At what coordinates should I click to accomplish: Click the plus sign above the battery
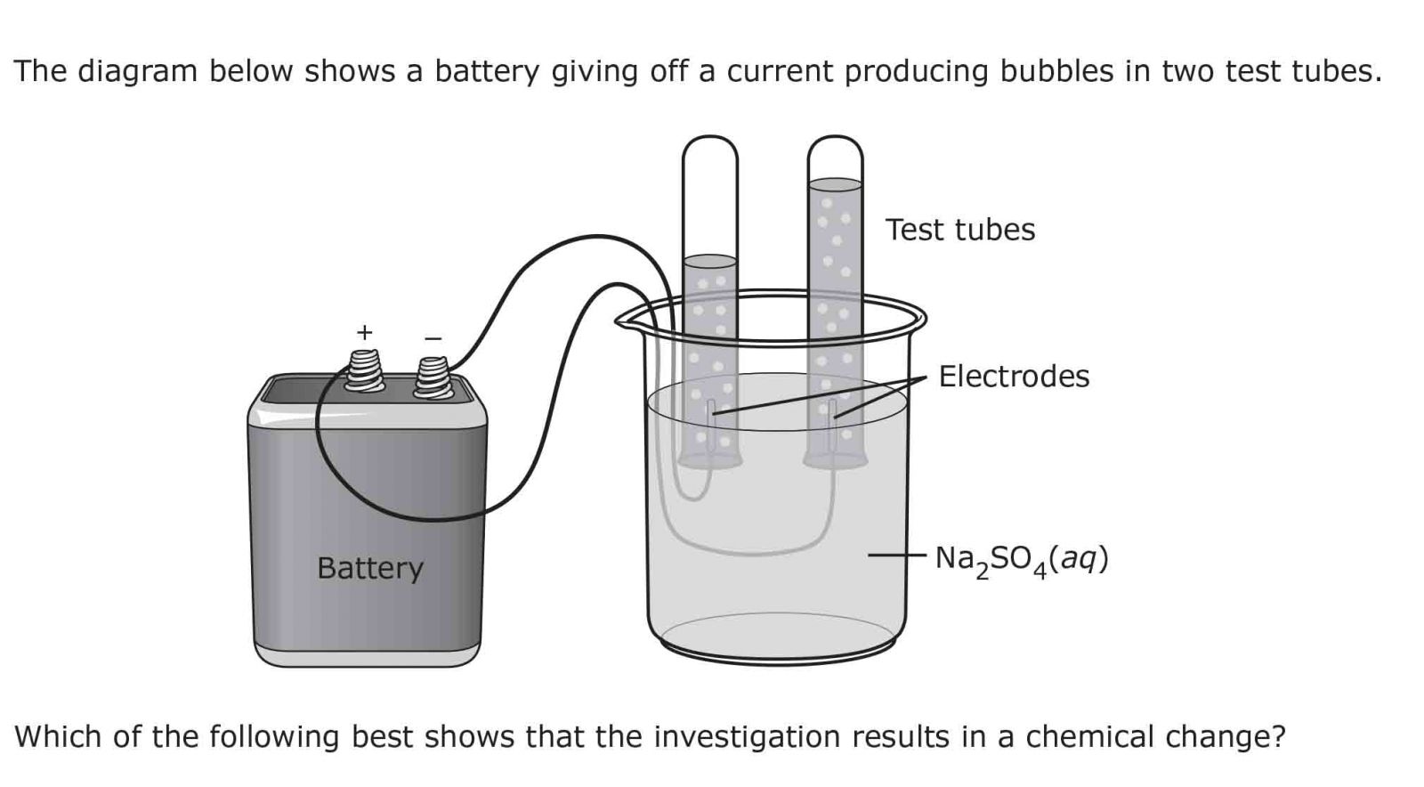point(364,333)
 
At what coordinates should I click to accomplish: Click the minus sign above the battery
point(433,338)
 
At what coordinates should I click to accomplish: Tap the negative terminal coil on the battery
point(433,377)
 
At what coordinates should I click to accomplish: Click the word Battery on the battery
point(369,568)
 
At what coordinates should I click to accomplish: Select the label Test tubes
point(959,230)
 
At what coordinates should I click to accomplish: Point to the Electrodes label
point(1014,376)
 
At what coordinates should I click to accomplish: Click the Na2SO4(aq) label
point(1021,560)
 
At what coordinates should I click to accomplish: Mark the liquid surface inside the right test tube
point(835,184)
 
